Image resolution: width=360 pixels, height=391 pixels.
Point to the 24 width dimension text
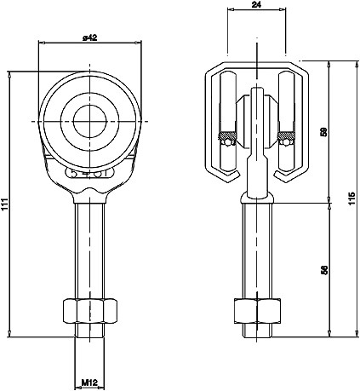pyautogui.click(x=256, y=6)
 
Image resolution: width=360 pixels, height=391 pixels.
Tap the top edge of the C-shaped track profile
pyautogui.click(x=256, y=65)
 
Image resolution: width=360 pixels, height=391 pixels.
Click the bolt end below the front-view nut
pyautogui.click(x=89, y=330)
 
